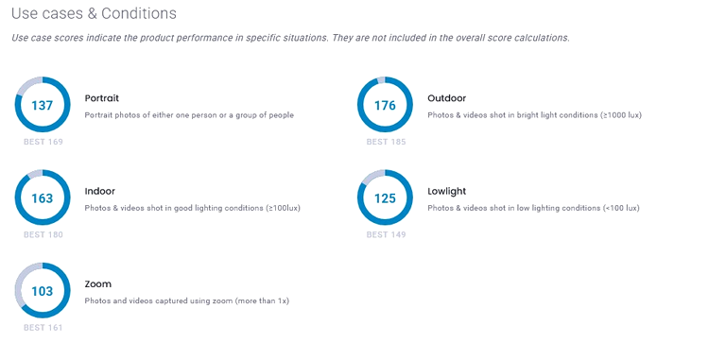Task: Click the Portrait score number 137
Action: click(42, 105)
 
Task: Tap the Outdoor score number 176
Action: click(385, 105)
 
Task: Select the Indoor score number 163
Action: click(42, 198)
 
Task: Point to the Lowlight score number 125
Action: click(385, 198)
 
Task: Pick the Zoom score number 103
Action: click(42, 291)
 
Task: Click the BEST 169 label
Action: click(43, 142)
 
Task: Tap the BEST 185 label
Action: click(386, 142)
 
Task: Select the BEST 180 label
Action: click(43, 235)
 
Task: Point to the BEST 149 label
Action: click(386, 235)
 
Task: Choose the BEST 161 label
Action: click(43, 328)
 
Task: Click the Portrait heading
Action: click(102, 98)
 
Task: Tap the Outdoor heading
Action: click(447, 98)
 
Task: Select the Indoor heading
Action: click(100, 191)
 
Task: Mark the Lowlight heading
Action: click(447, 192)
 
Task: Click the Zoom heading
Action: click(97, 284)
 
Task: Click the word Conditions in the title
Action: click(139, 13)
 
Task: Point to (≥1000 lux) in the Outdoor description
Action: click(621, 115)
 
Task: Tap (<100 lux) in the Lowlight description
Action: click(621, 208)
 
